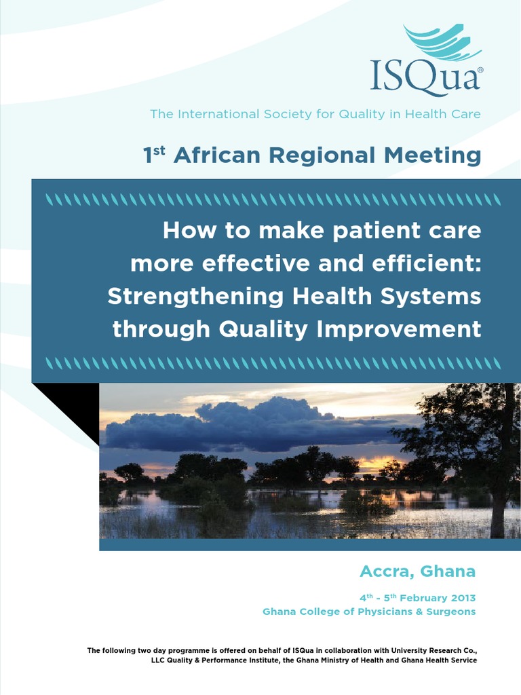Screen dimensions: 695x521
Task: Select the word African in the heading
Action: tap(216, 155)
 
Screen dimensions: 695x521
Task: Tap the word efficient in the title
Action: tap(429, 263)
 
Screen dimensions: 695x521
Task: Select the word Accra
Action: tap(386, 571)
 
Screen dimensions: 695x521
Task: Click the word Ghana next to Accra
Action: tap(448, 571)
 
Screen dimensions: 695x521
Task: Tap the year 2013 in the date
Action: tap(462, 598)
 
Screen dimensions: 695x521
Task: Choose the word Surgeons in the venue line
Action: tap(452, 612)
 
